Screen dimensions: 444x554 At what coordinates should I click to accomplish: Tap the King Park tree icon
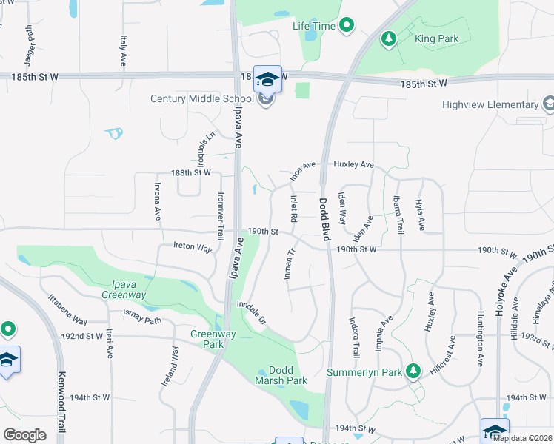click(387, 38)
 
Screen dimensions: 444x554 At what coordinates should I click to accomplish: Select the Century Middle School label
click(202, 98)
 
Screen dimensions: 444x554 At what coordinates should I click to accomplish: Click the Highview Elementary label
click(491, 104)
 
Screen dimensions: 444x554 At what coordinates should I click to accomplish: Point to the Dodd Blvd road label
click(324, 219)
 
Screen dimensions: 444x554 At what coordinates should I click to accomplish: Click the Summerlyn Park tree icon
click(414, 370)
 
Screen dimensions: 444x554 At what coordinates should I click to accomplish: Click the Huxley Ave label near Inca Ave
click(353, 164)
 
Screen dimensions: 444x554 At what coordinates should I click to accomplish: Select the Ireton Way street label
click(193, 246)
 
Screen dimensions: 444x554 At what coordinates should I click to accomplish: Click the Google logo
click(24, 434)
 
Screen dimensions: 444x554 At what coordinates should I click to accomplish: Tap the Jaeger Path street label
click(30, 44)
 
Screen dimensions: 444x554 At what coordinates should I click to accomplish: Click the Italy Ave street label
click(121, 52)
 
